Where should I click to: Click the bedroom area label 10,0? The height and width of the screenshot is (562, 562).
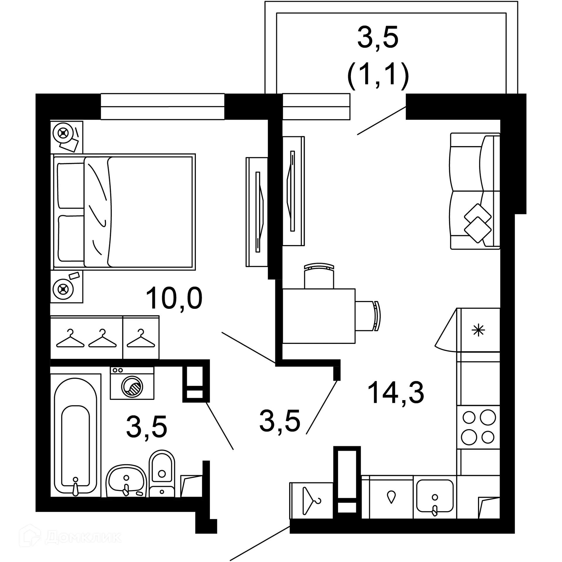174,298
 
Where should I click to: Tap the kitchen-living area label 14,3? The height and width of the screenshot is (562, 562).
395,393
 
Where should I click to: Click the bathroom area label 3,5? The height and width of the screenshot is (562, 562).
146,426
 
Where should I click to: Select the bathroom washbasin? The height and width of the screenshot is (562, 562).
126,482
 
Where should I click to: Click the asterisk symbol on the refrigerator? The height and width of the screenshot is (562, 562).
478,331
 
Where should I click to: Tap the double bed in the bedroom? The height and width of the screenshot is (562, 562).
123,212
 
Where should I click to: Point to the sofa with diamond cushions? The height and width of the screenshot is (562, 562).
474,191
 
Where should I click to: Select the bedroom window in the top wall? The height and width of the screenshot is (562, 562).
162,107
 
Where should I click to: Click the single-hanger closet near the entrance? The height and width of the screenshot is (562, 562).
311,501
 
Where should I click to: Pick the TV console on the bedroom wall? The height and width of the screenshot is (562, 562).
257,212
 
